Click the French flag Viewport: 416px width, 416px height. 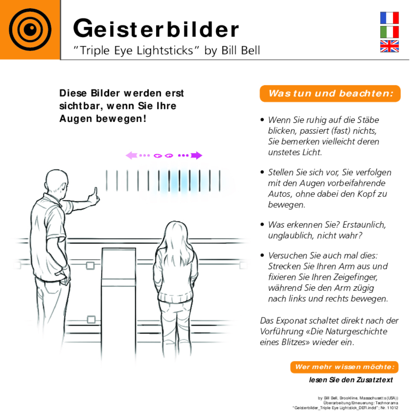click(x=389, y=18)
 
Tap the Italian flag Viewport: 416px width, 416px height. click(x=389, y=32)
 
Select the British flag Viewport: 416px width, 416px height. click(x=389, y=46)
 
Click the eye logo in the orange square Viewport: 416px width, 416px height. click(x=30, y=30)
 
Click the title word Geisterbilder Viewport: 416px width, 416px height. click(x=156, y=29)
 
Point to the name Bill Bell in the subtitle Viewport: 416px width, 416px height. click(x=241, y=51)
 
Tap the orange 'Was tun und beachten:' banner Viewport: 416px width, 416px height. click(x=330, y=94)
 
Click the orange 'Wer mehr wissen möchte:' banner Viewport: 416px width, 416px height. click(x=344, y=367)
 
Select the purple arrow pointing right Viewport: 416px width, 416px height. click(x=196, y=155)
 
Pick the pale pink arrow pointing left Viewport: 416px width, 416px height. click(x=131, y=155)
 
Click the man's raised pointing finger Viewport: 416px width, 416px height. click(x=95, y=191)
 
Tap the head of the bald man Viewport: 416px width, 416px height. click(x=57, y=183)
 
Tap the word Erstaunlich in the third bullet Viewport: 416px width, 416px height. click(x=364, y=225)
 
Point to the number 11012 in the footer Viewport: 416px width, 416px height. click(x=393, y=408)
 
